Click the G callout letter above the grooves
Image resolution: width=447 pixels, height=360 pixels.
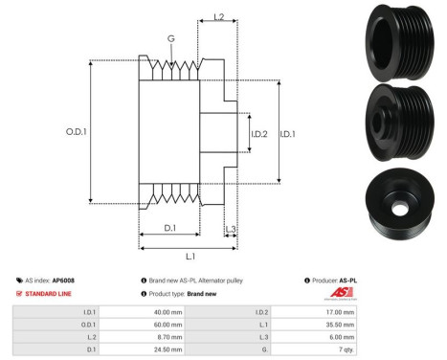coord(170,39)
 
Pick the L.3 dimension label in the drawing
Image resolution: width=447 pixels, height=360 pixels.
coord(231,228)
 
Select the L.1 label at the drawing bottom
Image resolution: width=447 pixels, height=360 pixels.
coord(190,256)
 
